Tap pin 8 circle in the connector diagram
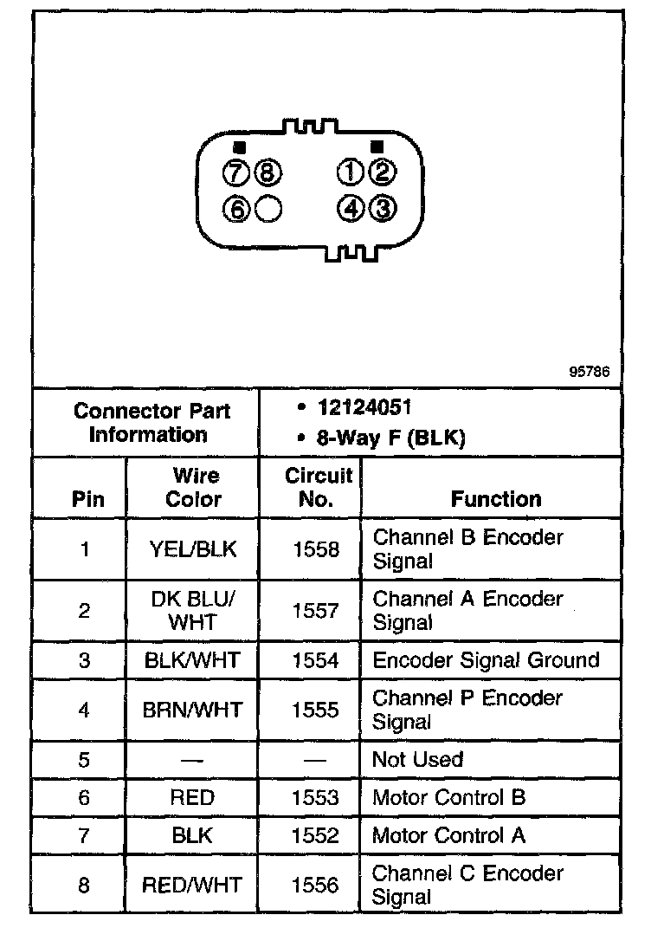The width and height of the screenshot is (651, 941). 267,173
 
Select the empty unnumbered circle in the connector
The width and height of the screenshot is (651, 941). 268,208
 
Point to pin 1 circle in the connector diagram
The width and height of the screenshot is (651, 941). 350,173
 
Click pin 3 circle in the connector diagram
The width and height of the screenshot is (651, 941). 382,208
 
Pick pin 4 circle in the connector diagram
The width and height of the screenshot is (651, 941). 350,208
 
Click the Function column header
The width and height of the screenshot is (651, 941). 496,499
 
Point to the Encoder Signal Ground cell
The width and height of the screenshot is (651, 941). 486,660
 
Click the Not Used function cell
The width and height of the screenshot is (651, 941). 417,760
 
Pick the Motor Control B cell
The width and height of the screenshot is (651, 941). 448,797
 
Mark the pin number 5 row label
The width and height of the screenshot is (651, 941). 84,760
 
